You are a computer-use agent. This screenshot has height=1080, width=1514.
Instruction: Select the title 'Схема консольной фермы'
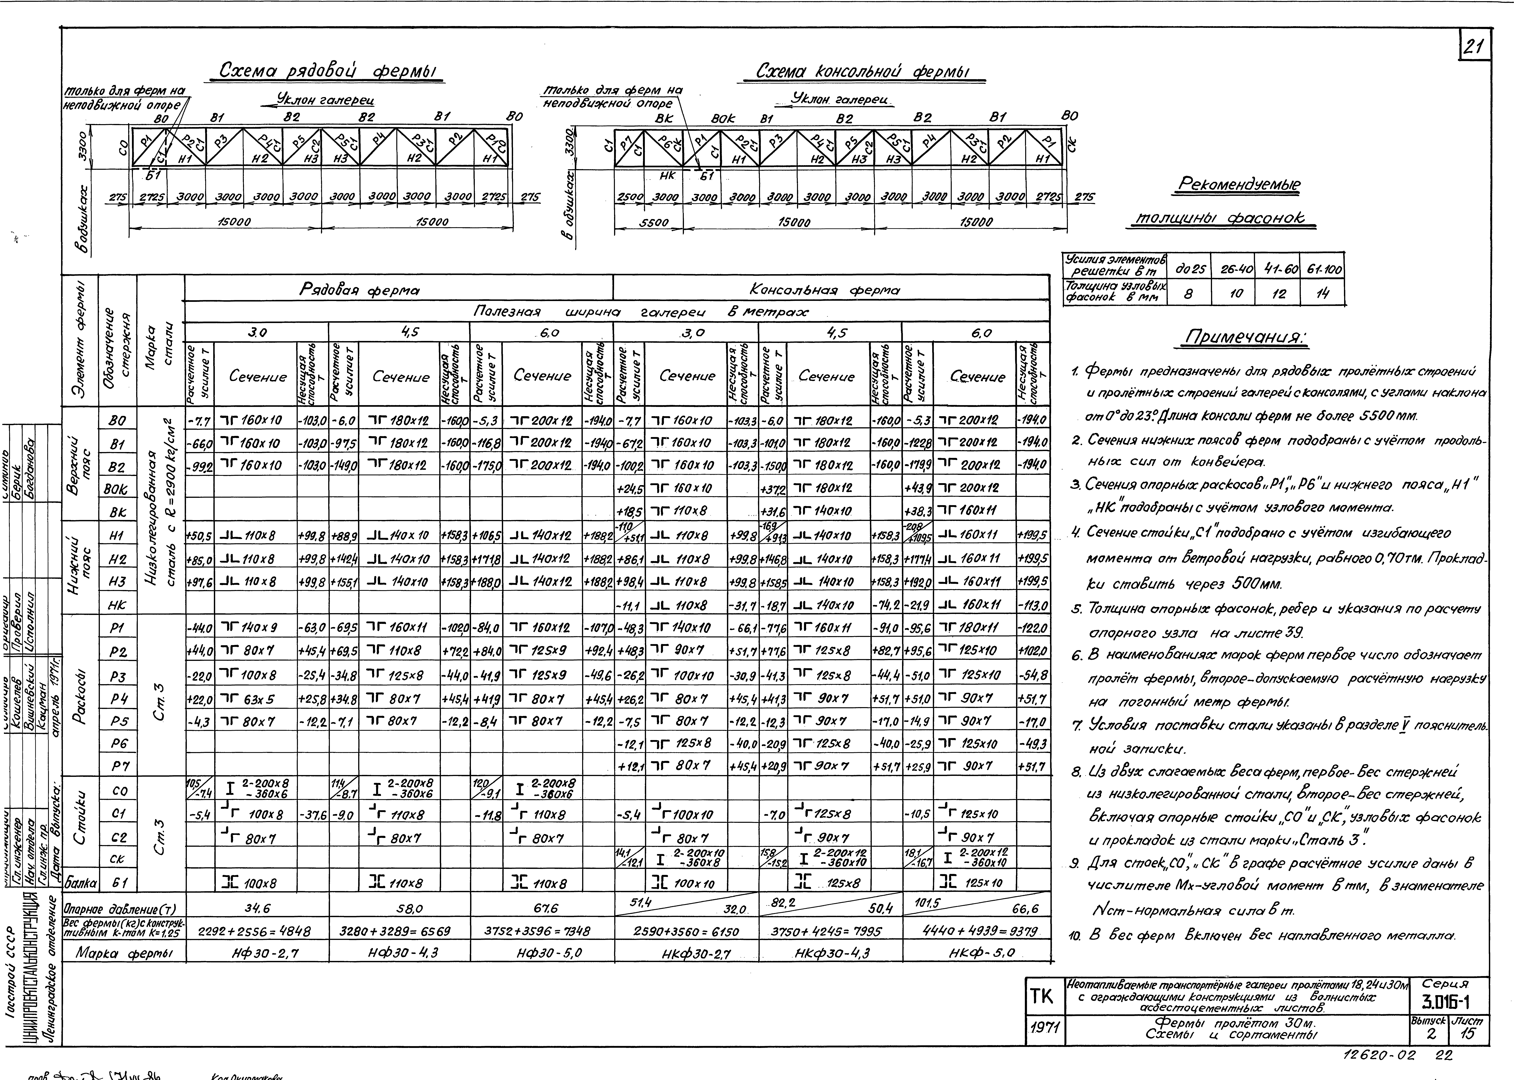(x=862, y=71)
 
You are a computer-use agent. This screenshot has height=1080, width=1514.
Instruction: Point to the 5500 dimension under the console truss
(x=653, y=223)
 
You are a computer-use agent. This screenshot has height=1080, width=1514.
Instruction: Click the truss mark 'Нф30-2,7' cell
(x=257, y=953)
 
